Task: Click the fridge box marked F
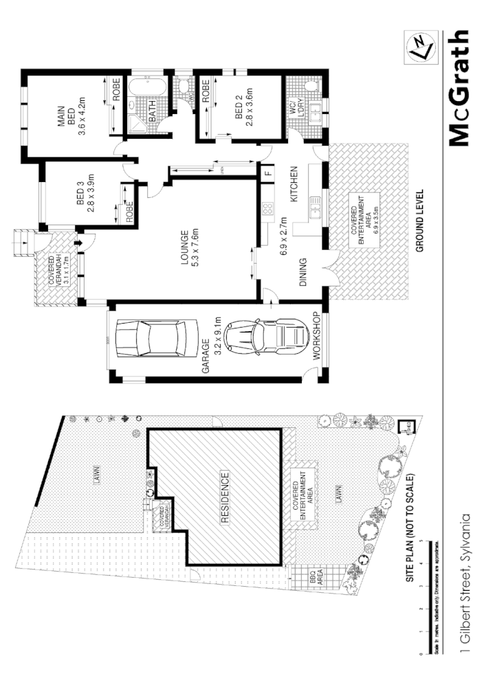[268, 172]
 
